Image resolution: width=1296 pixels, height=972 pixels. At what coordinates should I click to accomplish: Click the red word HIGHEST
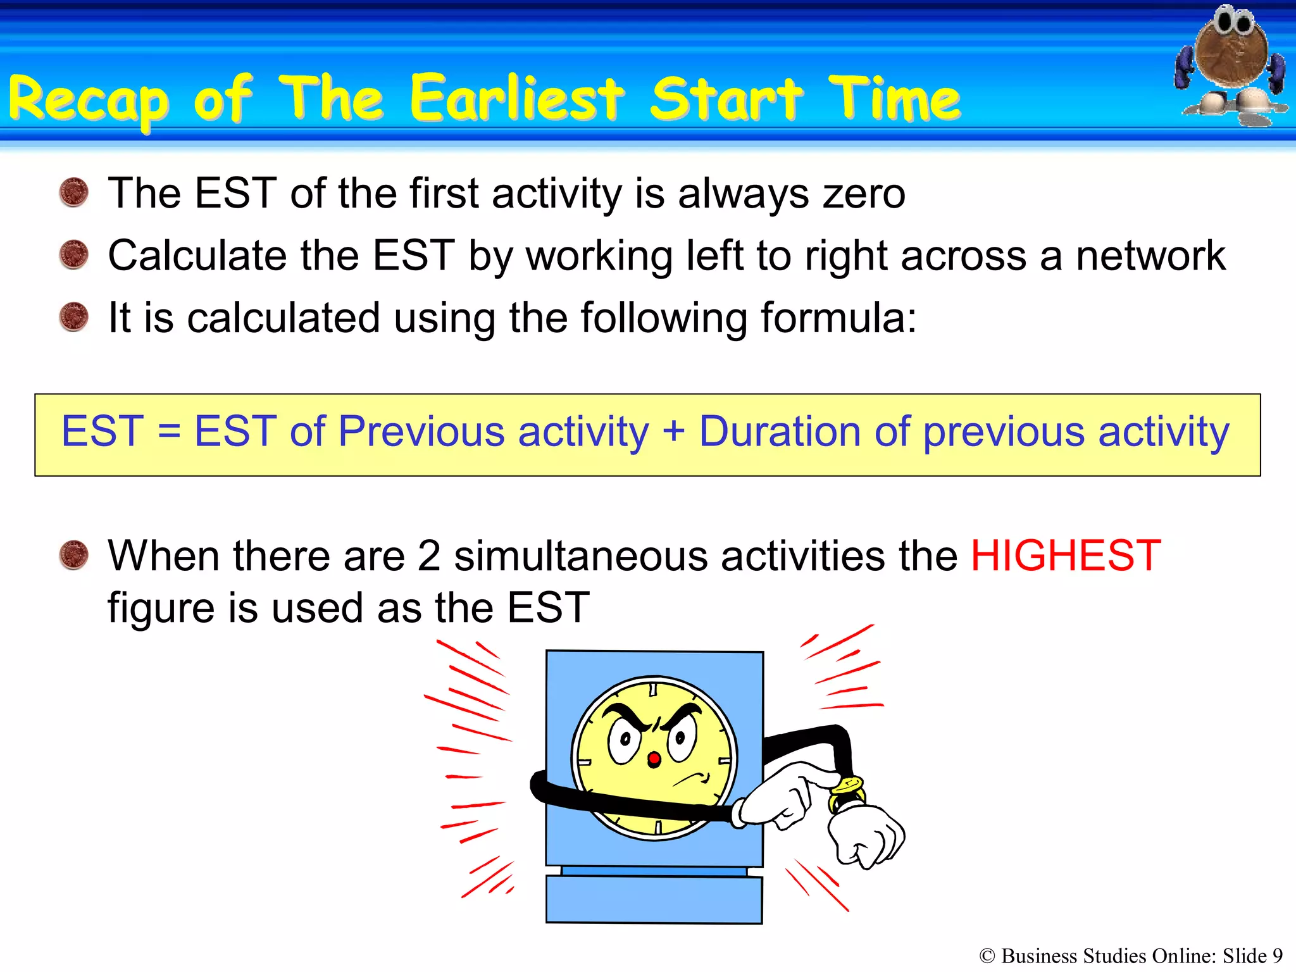click(1065, 556)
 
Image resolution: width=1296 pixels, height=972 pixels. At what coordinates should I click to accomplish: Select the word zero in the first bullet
click(863, 194)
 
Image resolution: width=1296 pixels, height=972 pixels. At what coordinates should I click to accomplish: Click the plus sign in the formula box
click(674, 432)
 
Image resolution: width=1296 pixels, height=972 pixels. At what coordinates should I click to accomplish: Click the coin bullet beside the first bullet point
click(74, 192)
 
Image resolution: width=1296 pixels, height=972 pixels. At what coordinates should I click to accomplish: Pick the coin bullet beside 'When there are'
click(74, 555)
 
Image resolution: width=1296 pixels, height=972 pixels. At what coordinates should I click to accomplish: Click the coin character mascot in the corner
click(1231, 63)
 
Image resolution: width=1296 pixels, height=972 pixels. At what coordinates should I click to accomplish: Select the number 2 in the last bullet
click(428, 556)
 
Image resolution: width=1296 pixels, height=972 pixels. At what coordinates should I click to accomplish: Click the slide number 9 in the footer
click(1277, 956)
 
